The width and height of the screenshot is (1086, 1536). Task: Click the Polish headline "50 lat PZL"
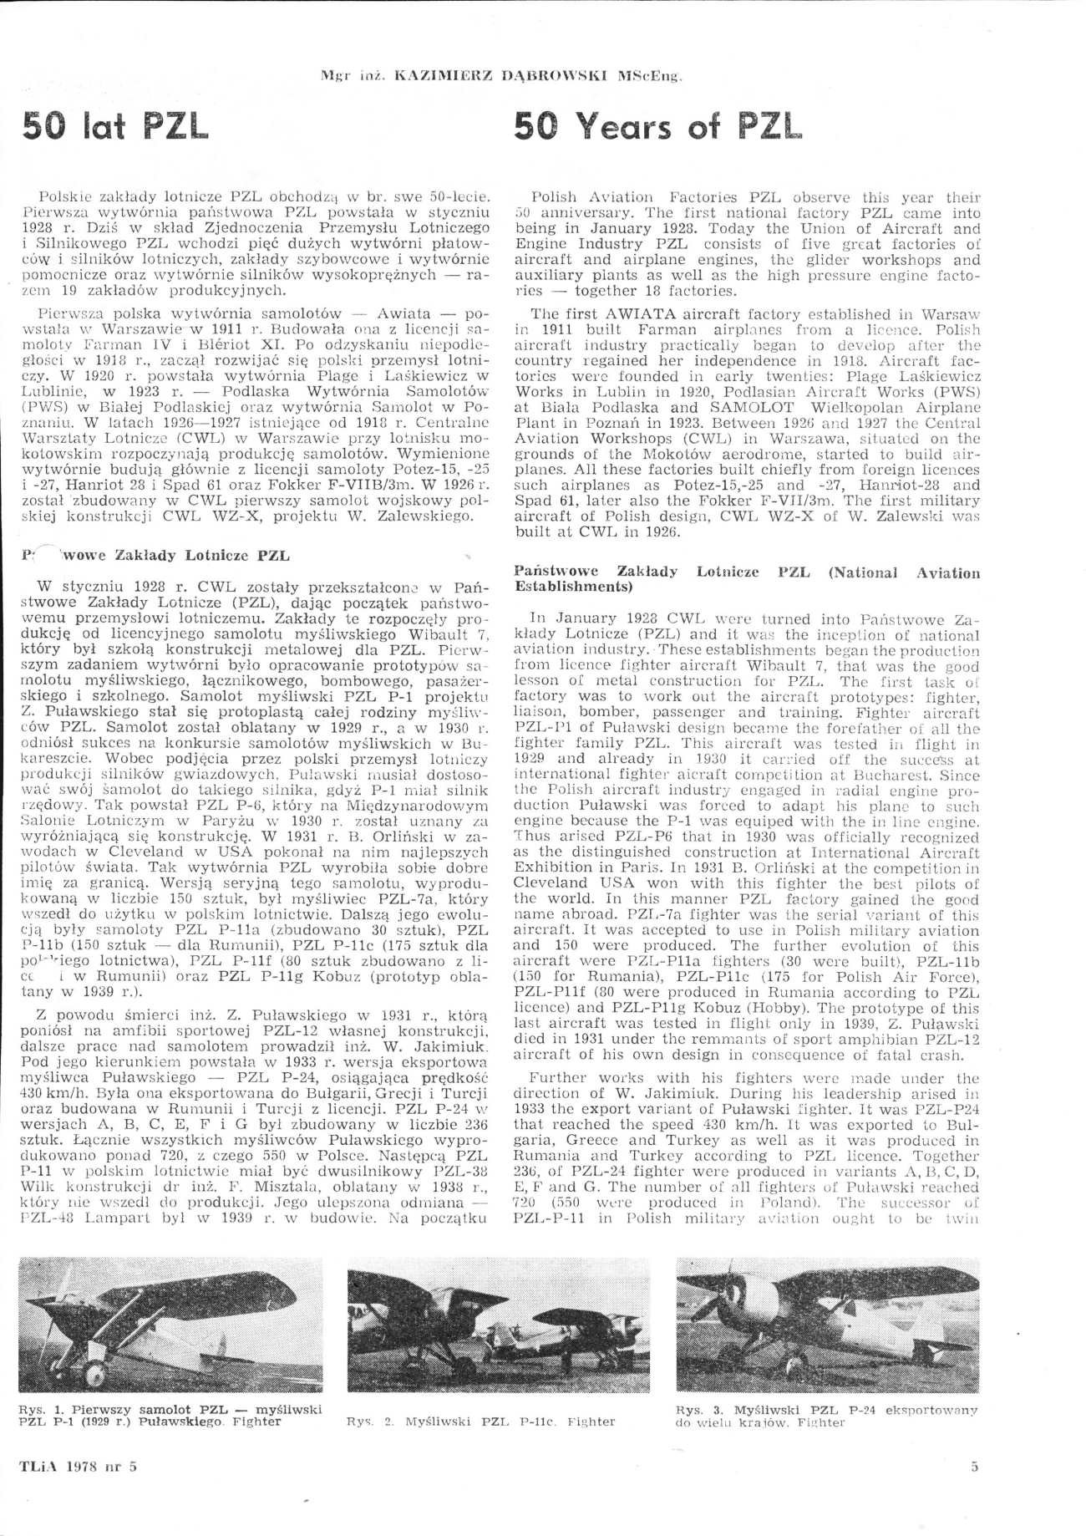click(114, 126)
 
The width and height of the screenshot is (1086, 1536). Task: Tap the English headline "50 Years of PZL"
click(657, 126)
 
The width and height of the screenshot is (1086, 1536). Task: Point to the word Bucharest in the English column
click(891, 776)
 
